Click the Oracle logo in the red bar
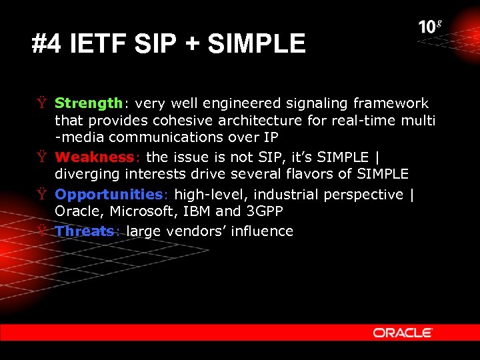tap(403, 332)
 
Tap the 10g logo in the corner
tap(429, 27)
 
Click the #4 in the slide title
tap(47, 45)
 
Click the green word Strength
tap(88, 103)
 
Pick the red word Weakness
tap(94, 157)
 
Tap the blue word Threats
tap(85, 231)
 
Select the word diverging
tap(85, 175)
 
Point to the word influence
tap(265, 231)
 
